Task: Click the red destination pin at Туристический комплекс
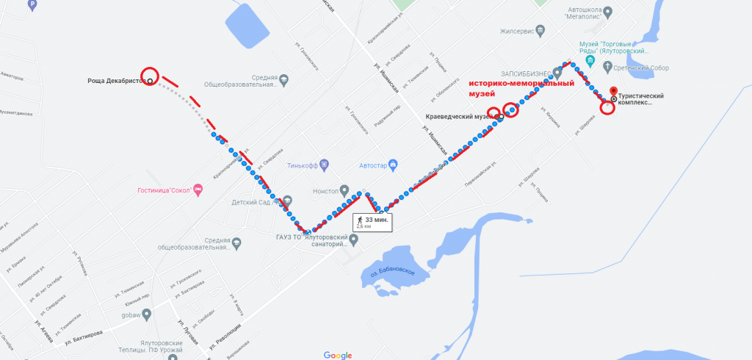click(614, 92)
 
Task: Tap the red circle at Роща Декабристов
click(149, 75)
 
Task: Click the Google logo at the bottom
click(337, 355)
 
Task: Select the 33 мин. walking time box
click(373, 223)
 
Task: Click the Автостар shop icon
click(394, 164)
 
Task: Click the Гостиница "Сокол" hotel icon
click(199, 190)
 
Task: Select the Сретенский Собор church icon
click(607, 68)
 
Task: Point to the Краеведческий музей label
click(458, 117)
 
